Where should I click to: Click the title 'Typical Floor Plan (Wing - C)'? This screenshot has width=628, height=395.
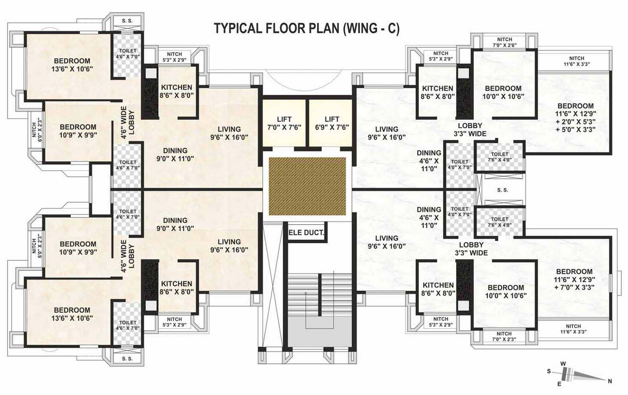pos(306,28)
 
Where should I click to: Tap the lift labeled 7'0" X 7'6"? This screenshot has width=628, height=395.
pos(284,123)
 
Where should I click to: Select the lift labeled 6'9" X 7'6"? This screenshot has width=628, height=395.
pos(332,123)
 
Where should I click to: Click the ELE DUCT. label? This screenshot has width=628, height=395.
pos(307,233)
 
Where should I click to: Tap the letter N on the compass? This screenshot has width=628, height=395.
pos(610,381)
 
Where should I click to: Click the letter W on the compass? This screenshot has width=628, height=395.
pos(563,364)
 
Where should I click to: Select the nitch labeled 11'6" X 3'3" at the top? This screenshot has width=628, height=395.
pos(576,61)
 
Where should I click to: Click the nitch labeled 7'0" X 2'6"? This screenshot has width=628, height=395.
pos(504,42)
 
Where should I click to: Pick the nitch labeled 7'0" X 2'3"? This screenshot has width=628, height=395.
pos(504,336)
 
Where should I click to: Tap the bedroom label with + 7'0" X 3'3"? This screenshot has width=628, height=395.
pos(574,279)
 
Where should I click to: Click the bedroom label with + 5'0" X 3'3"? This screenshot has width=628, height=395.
pos(575,118)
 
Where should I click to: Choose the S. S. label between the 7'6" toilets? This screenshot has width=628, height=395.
pos(503,190)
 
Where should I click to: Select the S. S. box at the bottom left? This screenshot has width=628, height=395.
pos(127,359)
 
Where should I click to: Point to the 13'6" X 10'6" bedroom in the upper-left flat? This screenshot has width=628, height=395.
pos(72,65)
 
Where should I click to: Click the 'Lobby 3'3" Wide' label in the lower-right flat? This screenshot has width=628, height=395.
pos(471,248)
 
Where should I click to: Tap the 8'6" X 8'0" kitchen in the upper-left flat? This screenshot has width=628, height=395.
pos(176,91)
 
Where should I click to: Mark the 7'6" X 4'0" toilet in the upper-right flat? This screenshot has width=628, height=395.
pos(500,157)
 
